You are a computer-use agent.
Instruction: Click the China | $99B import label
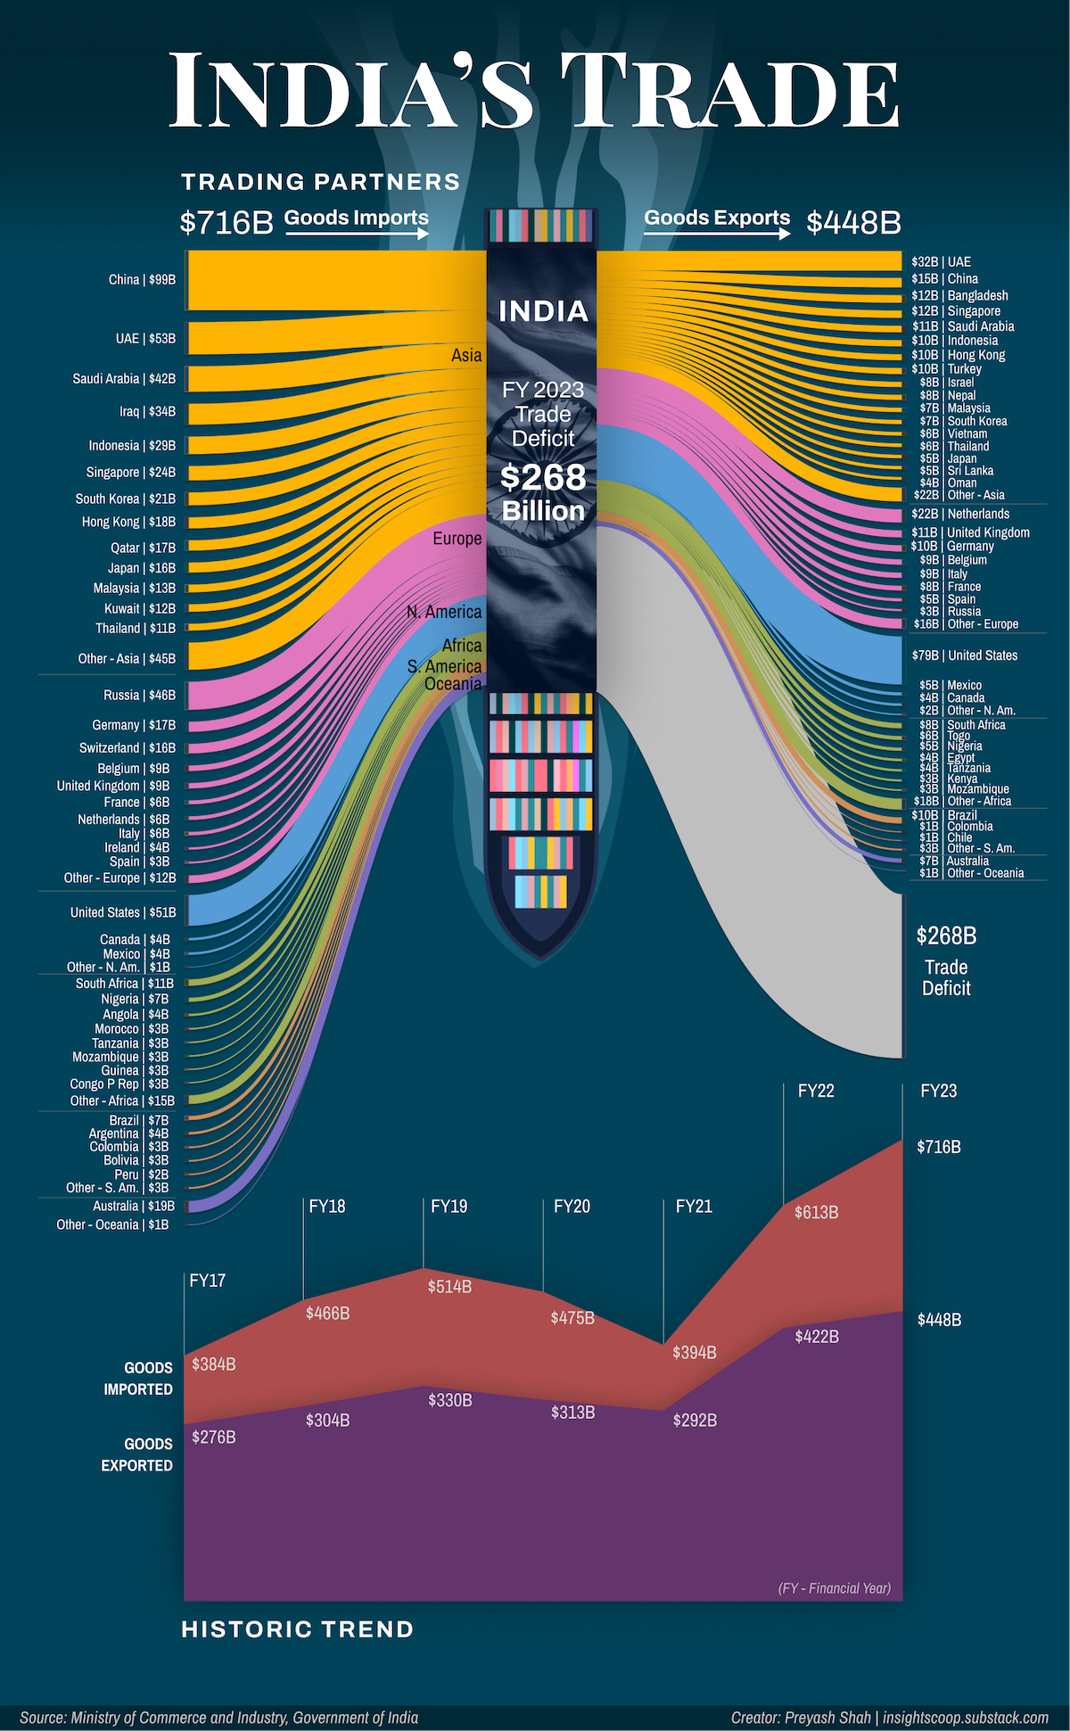(142, 280)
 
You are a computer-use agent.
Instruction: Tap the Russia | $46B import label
(139, 695)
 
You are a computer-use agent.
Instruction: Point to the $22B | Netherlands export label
(960, 514)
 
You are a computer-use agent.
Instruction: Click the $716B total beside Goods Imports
(226, 222)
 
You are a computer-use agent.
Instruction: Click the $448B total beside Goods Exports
(853, 222)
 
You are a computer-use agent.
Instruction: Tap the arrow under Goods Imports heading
(357, 234)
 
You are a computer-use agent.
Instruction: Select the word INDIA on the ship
(543, 311)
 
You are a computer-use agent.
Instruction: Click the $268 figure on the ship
(543, 477)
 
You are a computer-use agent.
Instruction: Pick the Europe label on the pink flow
(457, 539)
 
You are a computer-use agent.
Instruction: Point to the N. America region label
(444, 612)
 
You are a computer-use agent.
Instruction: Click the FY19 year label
(449, 1207)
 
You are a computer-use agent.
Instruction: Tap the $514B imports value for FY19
(449, 1287)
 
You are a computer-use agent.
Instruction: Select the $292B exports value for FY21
(695, 1421)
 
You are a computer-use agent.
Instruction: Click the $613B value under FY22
(816, 1213)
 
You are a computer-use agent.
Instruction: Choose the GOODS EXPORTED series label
(136, 1455)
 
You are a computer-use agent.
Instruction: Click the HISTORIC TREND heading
(298, 1630)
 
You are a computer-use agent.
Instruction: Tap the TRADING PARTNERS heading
(321, 182)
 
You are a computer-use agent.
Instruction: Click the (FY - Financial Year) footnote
(834, 1588)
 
